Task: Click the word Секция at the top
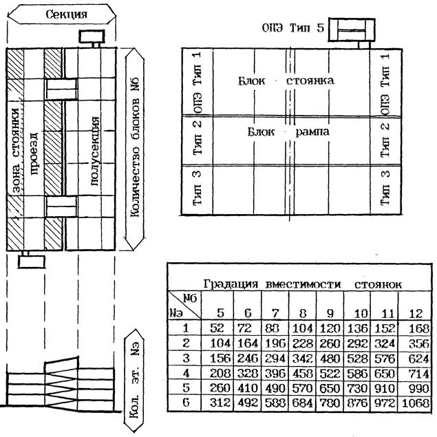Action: click(x=66, y=14)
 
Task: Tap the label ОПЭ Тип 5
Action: click(x=292, y=29)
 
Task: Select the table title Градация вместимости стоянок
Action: click(x=303, y=284)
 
